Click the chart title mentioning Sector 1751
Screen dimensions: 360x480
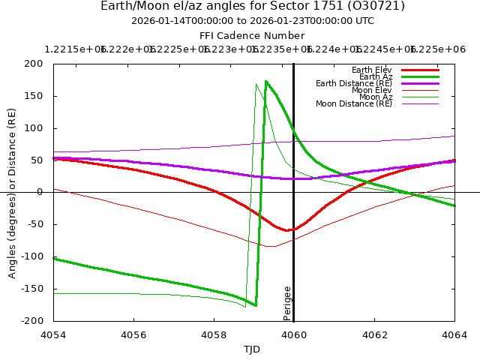tap(253, 6)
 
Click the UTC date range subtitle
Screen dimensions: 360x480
tap(253, 21)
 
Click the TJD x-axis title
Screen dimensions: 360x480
tap(253, 349)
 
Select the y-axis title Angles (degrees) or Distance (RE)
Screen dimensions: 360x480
tap(12, 192)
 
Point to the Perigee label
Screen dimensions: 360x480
tap(287, 302)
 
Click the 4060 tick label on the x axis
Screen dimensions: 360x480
tap(294, 334)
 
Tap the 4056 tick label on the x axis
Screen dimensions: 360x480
tap(133, 334)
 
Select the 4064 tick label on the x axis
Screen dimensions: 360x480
tap(454, 334)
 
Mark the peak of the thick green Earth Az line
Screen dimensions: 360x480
tap(266, 81)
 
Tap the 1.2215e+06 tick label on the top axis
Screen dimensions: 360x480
tap(76, 49)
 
